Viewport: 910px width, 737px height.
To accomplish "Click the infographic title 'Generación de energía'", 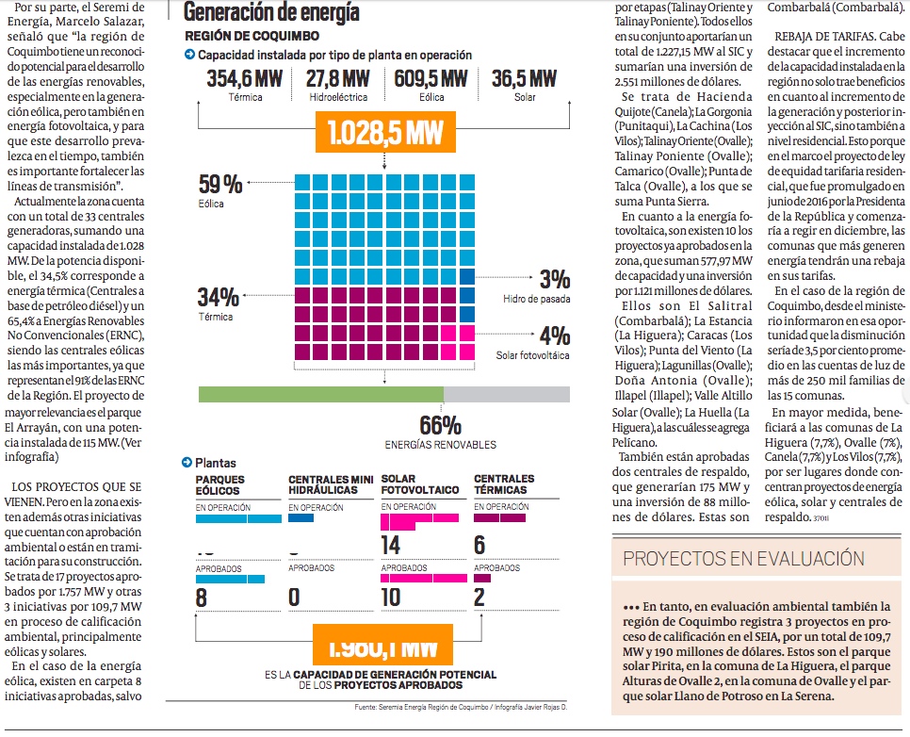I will (x=271, y=12).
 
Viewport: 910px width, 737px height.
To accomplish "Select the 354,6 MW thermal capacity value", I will (x=245, y=78).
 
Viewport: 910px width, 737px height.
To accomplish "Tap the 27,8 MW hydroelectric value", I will (x=338, y=78).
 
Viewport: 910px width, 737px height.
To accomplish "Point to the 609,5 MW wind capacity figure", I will (x=431, y=78).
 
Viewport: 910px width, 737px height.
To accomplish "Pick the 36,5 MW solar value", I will (x=524, y=78).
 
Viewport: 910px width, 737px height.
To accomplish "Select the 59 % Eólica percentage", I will (x=220, y=184).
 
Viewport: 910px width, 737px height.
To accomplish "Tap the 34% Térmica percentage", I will (x=218, y=297).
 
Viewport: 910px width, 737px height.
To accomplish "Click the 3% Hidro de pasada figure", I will (x=554, y=279).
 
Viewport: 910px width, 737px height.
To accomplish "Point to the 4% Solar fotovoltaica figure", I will (x=554, y=336).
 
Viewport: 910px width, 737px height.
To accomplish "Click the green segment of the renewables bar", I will (x=320, y=394).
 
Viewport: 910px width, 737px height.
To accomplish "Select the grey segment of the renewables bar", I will (x=506, y=394).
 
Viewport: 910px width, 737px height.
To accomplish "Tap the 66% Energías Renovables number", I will (x=440, y=425).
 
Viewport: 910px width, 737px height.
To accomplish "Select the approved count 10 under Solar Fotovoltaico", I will (x=391, y=597).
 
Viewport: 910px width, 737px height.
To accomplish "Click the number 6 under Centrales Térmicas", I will (x=479, y=545).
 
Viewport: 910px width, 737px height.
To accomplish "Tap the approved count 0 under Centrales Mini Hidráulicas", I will (x=295, y=597).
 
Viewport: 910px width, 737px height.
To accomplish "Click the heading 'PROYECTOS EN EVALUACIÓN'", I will (x=744, y=558).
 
